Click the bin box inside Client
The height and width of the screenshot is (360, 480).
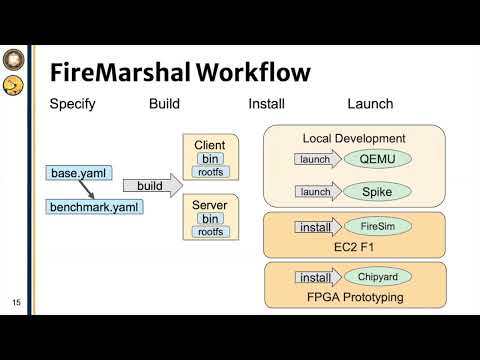pos(211,159)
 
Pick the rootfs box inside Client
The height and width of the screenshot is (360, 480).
pos(211,172)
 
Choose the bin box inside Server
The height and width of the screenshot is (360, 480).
pos(211,219)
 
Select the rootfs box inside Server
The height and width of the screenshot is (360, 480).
pos(211,232)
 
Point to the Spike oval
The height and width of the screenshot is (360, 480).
pos(369,192)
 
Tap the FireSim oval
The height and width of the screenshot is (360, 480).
pos(369,227)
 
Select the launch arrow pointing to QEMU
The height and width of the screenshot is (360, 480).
pos(317,159)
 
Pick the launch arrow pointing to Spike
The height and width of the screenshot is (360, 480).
pos(317,192)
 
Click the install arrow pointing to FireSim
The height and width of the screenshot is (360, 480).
pos(317,227)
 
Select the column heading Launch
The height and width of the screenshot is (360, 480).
pos(369,104)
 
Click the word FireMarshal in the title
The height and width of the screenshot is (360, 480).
pos(118,73)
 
